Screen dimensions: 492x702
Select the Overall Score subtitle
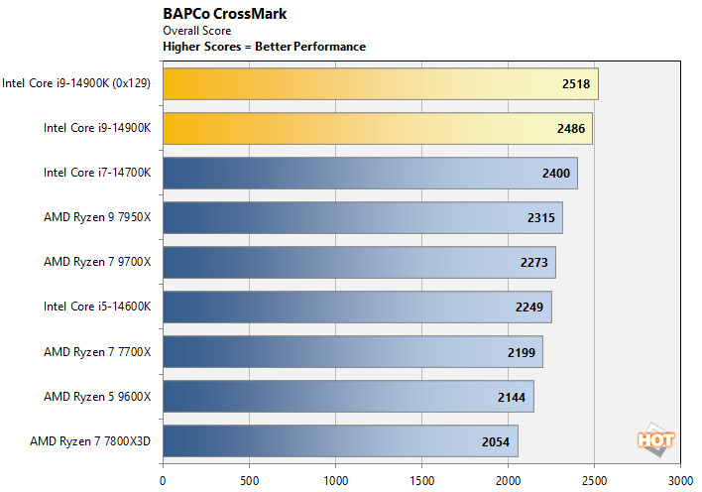(x=196, y=31)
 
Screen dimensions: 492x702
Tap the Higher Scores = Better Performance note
(x=264, y=47)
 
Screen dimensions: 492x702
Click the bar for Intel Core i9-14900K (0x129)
(x=380, y=84)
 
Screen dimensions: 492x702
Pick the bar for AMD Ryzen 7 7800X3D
(x=340, y=440)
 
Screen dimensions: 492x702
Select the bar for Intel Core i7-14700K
(x=370, y=173)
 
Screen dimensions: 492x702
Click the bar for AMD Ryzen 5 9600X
(x=348, y=396)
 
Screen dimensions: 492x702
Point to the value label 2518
(x=575, y=84)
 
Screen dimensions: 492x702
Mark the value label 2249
(x=528, y=307)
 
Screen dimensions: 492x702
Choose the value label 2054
(x=495, y=440)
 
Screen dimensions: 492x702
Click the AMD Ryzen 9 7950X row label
(x=97, y=218)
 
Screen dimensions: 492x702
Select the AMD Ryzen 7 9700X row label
(x=97, y=263)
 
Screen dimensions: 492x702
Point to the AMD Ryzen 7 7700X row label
(x=97, y=351)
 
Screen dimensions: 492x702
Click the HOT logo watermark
(x=655, y=439)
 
